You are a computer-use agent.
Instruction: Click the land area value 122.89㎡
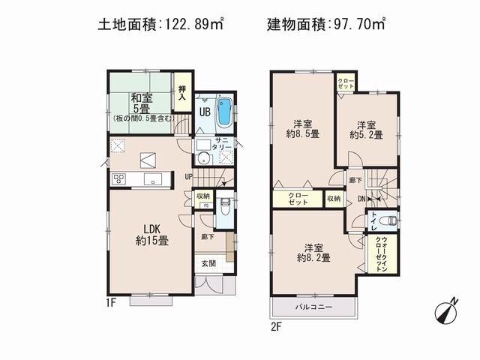tap(190, 24)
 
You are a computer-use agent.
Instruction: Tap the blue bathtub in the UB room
tap(224, 114)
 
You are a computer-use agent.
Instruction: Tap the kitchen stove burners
tap(120, 178)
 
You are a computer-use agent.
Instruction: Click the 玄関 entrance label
tap(208, 263)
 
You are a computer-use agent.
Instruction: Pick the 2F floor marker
tap(277, 325)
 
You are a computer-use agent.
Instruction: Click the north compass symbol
tap(448, 310)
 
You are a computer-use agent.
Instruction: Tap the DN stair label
tap(361, 199)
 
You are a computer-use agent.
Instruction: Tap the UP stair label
tap(190, 177)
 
